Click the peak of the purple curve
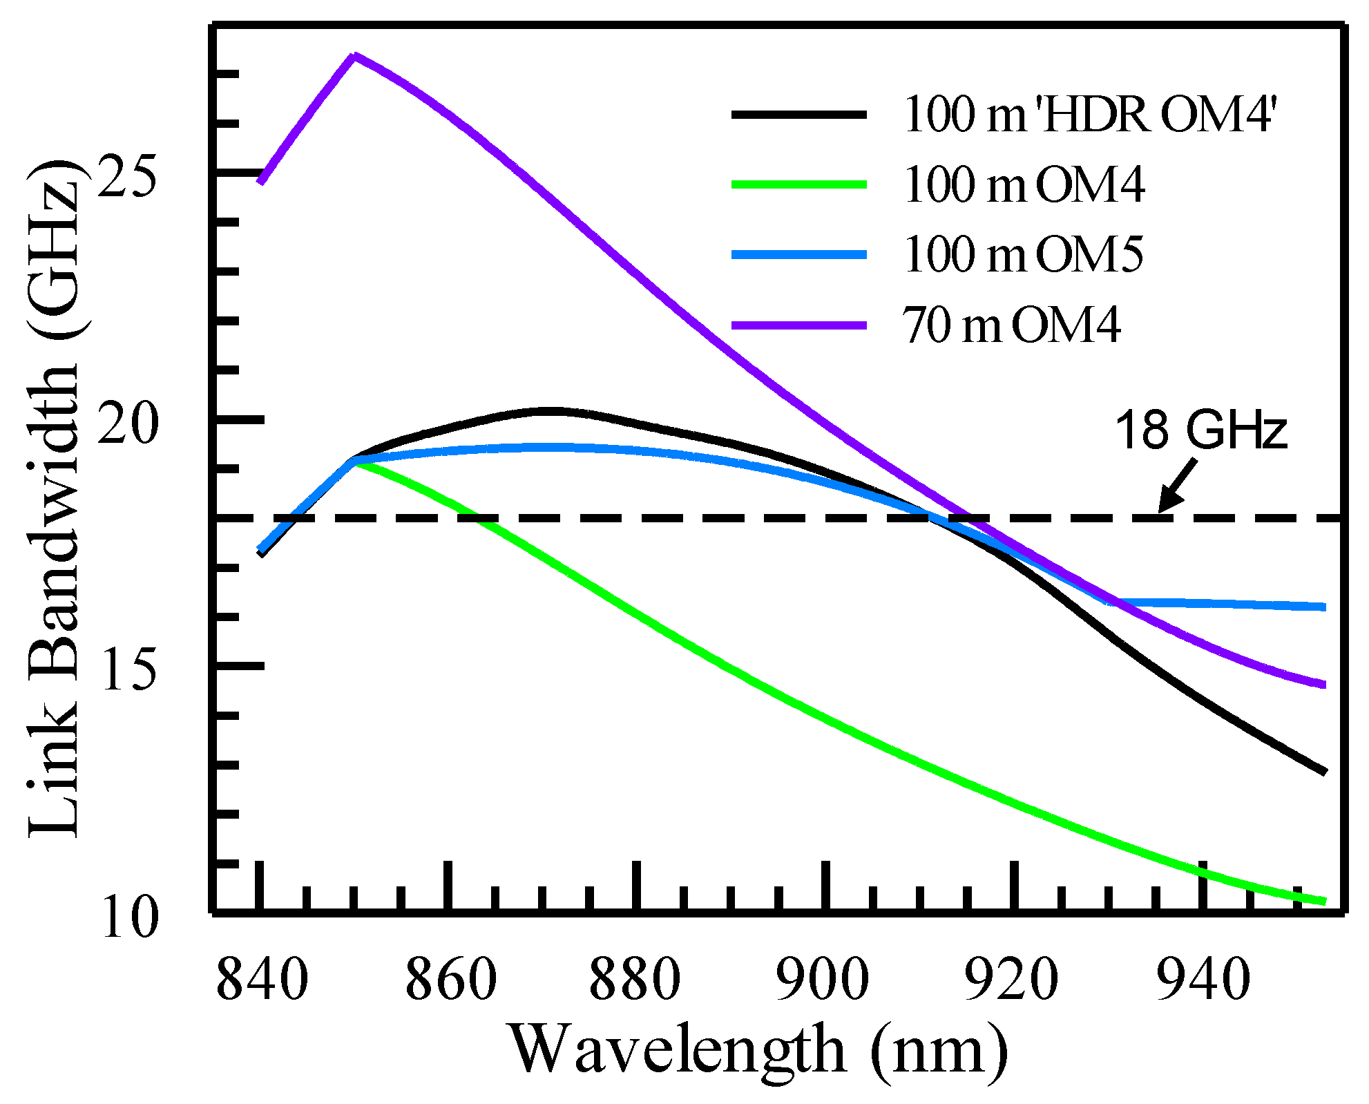[x=354, y=55]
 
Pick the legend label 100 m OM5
[x=1023, y=254]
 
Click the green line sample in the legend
[x=799, y=184]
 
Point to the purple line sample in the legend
[x=799, y=325]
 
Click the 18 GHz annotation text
[x=1201, y=430]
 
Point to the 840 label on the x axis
[x=262, y=979]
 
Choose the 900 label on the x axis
[x=822, y=979]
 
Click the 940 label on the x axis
[x=1203, y=979]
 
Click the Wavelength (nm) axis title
[x=758, y=1050]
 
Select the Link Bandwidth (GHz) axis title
[x=54, y=497]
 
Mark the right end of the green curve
[x=1323, y=901]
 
